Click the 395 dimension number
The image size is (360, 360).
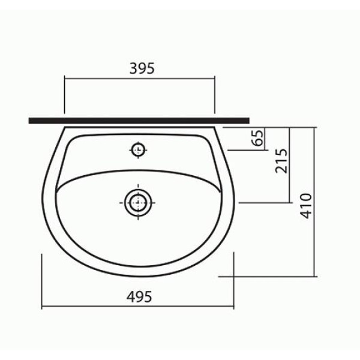[142, 68]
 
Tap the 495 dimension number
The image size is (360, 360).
[139, 296]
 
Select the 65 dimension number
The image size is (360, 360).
[257, 138]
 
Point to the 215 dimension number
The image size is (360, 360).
[281, 161]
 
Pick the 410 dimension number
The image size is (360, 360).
[306, 206]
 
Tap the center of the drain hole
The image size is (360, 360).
[138, 203]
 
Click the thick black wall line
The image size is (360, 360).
[139, 121]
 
